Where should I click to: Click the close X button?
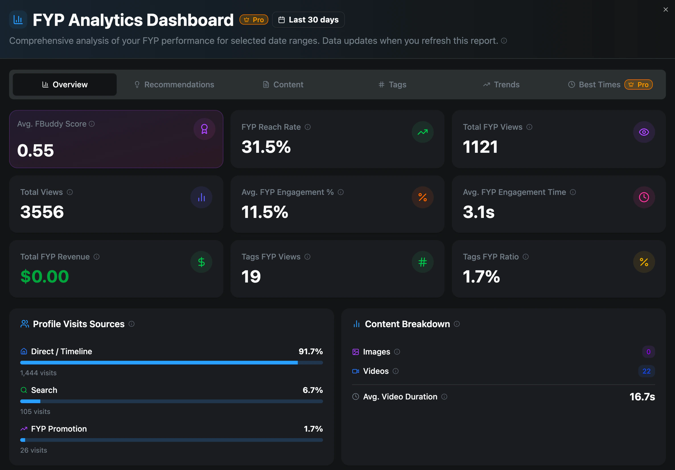(x=666, y=10)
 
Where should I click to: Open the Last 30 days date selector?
(x=308, y=20)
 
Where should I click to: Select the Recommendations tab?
(x=174, y=85)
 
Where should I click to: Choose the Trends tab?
(x=501, y=85)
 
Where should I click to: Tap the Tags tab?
(x=392, y=85)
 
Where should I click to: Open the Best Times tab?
(x=610, y=85)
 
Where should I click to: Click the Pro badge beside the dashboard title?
(x=254, y=20)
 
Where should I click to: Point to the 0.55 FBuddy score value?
(x=36, y=150)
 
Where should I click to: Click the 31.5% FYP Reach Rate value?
(x=266, y=147)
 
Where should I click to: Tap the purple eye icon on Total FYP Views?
(x=644, y=132)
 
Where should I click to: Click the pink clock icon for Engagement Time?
(x=644, y=197)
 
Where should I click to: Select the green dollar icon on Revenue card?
(x=201, y=262)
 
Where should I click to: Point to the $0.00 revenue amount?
(x=45, y=277)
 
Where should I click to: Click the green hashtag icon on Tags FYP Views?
(x=423, y=262)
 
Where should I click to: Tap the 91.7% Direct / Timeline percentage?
(x=311, y=352)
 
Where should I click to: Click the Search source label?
(x=44, y=390)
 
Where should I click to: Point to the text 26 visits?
(x=34, y=450)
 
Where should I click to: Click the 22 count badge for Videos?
(x=647, y=371)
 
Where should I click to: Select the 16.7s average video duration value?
(x=642, y=397)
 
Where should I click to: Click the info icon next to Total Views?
(x=70, y=192)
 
